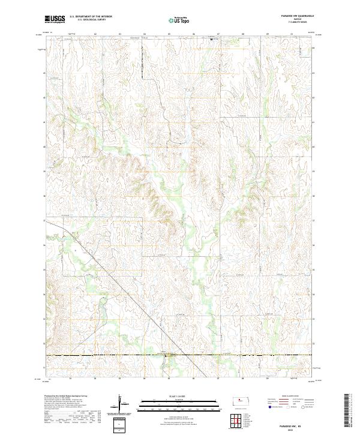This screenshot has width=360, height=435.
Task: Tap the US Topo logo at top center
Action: (x=178, y=20)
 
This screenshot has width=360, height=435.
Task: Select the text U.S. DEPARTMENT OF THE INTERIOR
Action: (x=91, y=17)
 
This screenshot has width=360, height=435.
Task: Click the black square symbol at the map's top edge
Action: (x=211, y=40)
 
